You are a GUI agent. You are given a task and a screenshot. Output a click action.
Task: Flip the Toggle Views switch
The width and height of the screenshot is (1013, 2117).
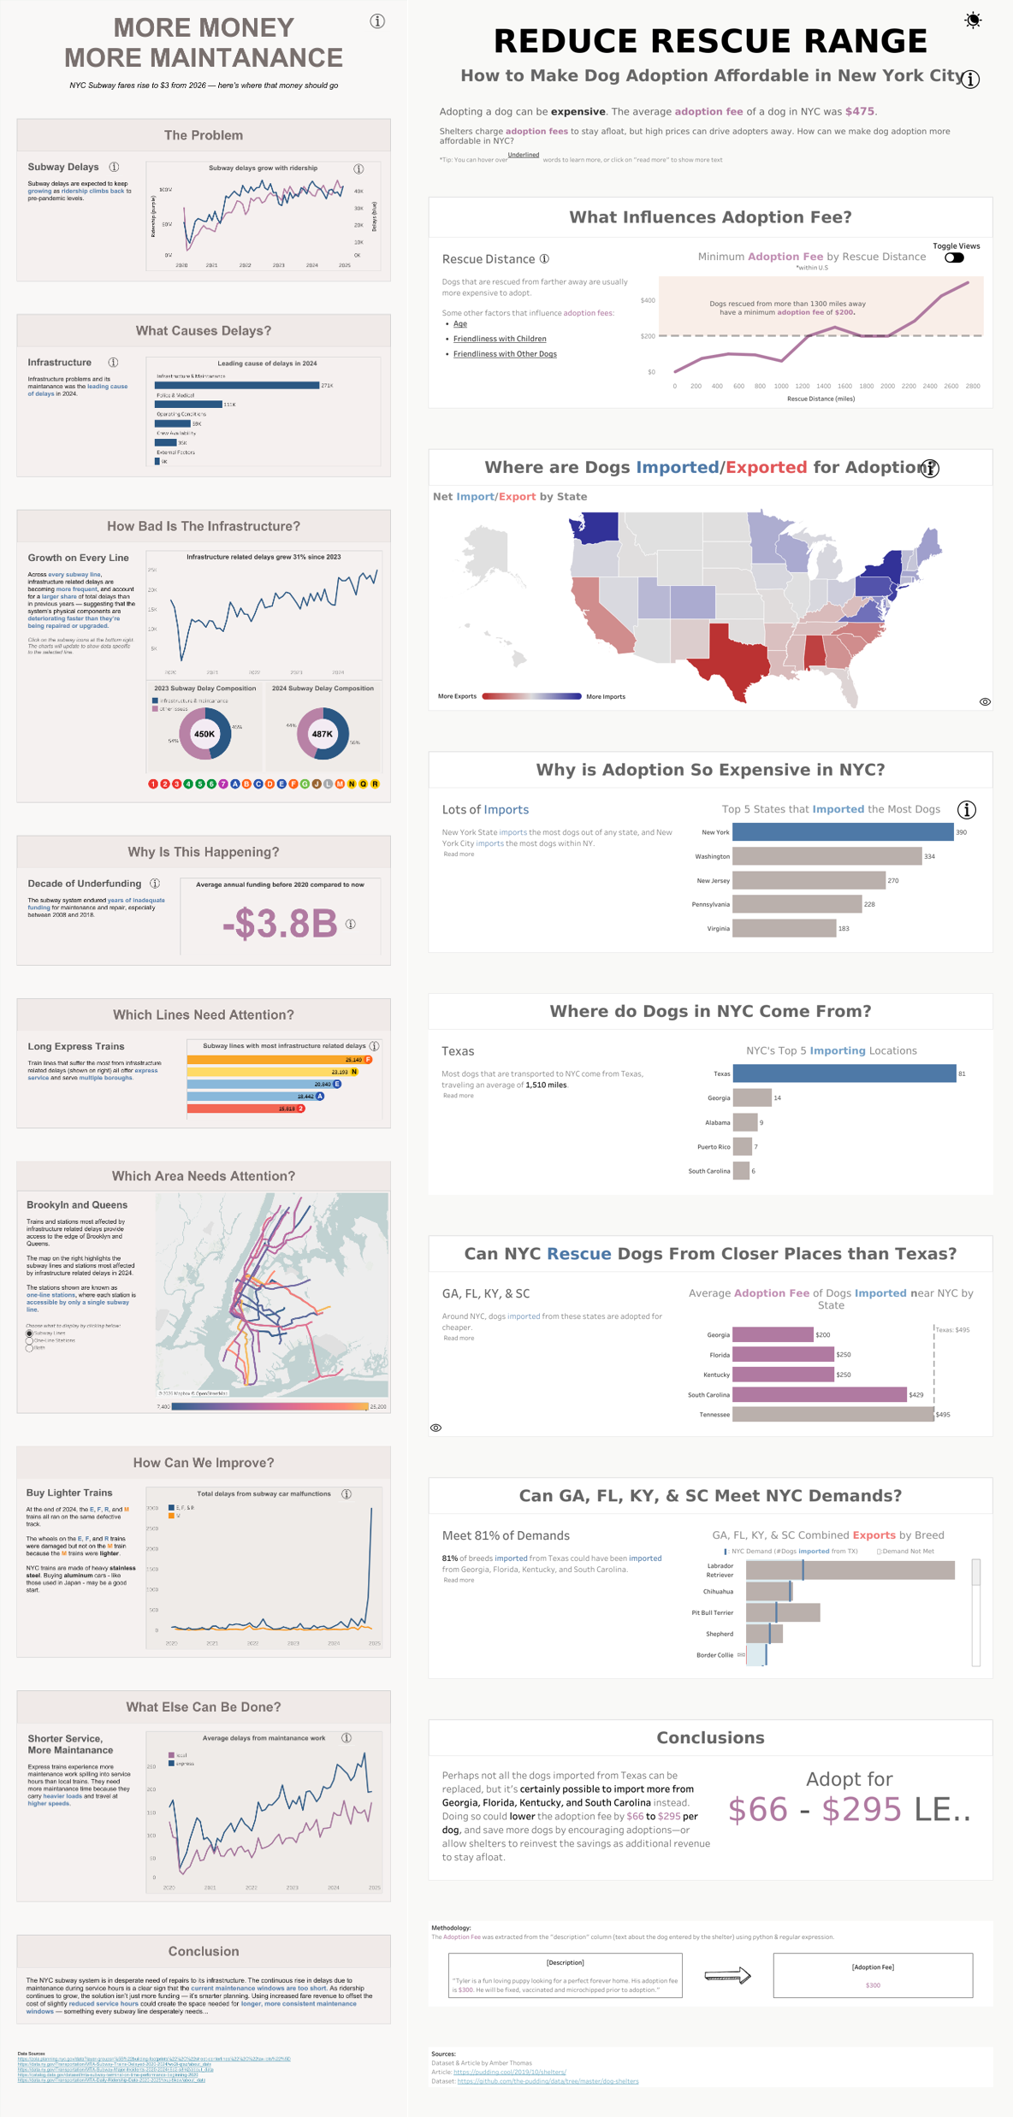954,257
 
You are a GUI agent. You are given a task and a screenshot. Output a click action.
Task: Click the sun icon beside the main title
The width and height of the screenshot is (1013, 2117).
973,21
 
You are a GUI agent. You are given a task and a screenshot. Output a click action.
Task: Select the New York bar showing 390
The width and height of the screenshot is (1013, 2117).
843,832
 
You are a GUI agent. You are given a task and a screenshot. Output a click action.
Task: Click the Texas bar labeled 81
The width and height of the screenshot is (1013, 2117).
844,1073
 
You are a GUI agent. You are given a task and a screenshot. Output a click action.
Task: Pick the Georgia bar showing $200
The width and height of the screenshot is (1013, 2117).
773,1334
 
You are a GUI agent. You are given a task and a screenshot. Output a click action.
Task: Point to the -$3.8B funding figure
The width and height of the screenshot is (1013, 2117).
280,924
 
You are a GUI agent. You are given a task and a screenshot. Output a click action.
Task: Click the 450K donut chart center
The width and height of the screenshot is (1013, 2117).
204,734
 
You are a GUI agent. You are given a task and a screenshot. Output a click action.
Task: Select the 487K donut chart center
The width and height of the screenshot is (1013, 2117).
323,734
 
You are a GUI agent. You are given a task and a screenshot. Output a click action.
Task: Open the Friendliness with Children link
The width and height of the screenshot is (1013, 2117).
500,339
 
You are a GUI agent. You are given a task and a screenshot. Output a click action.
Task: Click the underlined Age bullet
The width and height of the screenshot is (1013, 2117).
460,324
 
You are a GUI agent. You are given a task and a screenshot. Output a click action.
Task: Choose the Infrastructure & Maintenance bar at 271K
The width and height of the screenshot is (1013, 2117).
237,386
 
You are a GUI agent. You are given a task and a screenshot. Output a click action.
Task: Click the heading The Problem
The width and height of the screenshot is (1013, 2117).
204,135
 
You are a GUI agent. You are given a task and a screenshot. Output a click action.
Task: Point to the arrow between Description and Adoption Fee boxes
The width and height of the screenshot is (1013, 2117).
727,1975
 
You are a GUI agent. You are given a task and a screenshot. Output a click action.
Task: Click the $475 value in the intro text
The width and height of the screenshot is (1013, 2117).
860,111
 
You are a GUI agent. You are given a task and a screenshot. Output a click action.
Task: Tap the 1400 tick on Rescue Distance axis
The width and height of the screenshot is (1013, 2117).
823,387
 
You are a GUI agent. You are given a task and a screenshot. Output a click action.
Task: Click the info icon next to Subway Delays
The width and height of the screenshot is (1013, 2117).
114,167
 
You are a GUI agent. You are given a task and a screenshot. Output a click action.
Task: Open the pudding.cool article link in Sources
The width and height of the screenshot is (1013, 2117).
510,2073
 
